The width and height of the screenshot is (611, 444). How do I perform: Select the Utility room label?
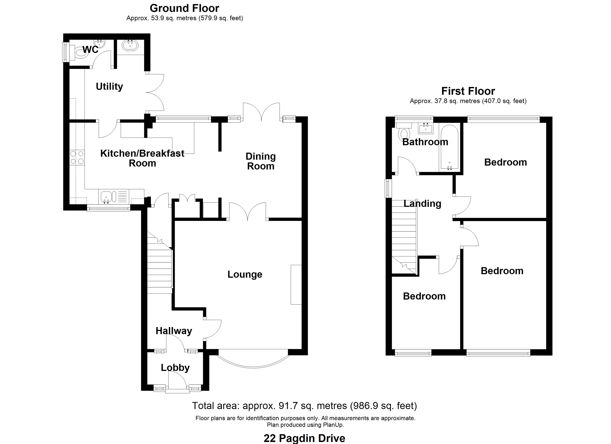tap(109, 86)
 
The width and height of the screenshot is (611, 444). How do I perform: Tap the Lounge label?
tap(245, 274)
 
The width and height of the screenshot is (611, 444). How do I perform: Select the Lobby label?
tap(175, 368)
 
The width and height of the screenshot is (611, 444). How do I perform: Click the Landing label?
tap(422, 203)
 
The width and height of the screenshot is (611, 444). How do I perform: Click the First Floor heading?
tap(468, 91)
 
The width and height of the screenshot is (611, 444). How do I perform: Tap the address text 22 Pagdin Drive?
tap(304, 438)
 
